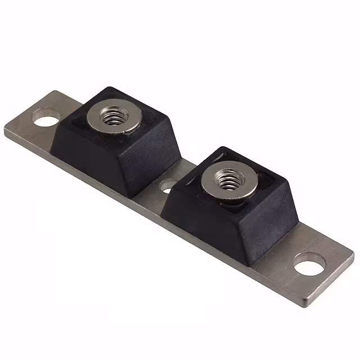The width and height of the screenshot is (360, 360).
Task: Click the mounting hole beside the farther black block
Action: pos(46,118)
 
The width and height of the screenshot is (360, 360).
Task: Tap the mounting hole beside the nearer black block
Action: pos(310,263)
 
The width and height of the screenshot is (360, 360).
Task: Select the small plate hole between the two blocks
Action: pos(168,185)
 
